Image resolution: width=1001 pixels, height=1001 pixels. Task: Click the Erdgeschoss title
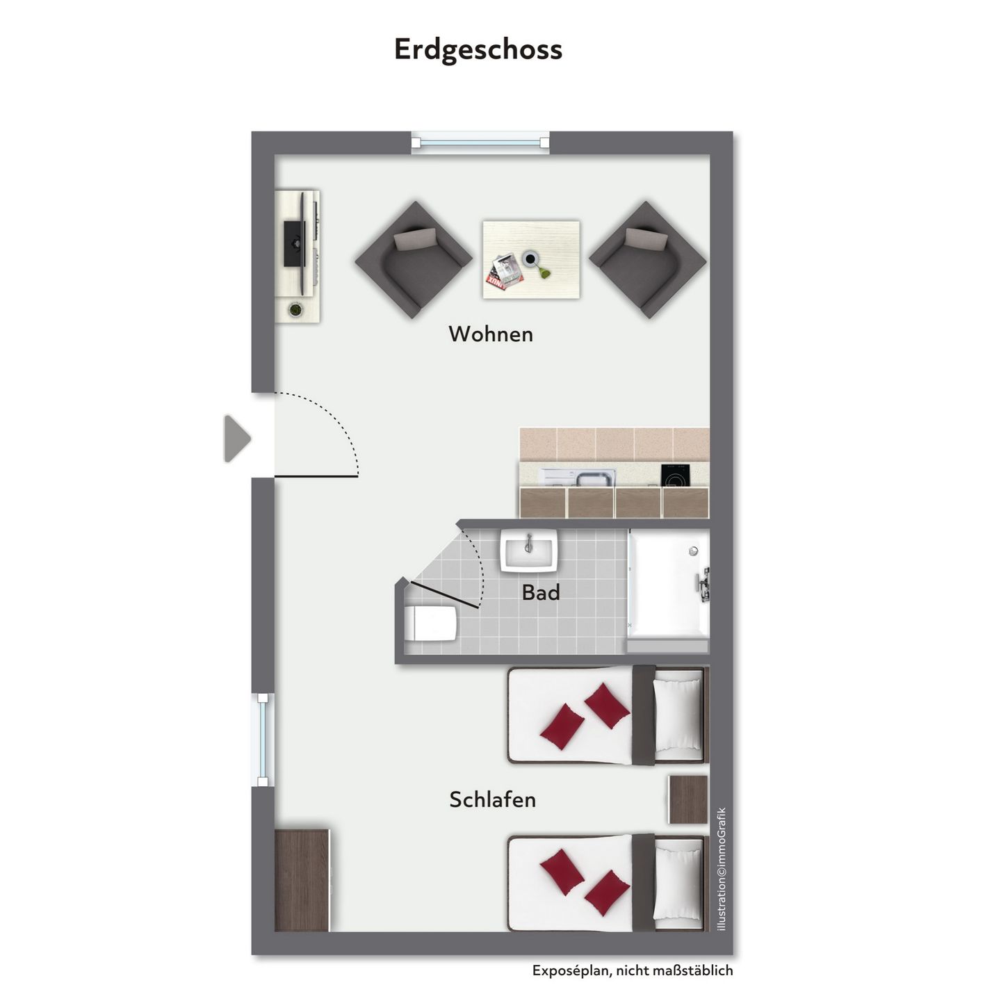pyautogui.click(x=478, y=50)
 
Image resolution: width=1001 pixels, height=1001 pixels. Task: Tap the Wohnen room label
pyautogui.click(x=491, y=334)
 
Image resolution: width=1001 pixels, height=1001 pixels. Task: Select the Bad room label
pyautogui.click(x=541, y=593)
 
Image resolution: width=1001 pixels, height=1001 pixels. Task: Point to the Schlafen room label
pyautogui.click(x=492, y=799)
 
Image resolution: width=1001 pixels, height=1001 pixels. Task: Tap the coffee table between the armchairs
pyautogui.click(x=531, y=260)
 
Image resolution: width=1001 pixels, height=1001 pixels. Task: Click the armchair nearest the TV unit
pyautogui.click(x=414, y=259)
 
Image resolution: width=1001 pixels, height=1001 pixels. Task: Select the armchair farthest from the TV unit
pyautogui.click(x=648, y=259)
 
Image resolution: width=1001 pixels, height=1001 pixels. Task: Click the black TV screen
pyautogui.click(x=294, y=243)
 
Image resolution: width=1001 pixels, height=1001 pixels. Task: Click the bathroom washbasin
pyautogui.click(x=529, y=550)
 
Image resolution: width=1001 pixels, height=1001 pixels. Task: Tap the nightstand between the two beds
pyautogui.click(x=688, y=799)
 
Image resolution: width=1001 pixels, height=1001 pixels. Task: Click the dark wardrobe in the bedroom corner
pyautogui.click(x=302, y=880)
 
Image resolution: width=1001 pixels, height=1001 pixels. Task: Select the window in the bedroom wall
pyautogui.click(x=263, y=740)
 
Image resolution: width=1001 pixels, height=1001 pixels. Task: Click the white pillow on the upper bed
pyautogui.click(x=677, y=715)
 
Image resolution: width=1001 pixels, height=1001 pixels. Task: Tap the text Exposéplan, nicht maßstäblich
pyautogui.click(x=633, y=970)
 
